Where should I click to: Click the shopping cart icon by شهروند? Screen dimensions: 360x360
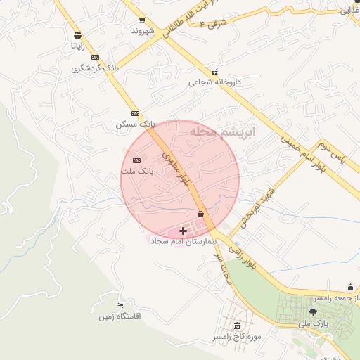pos(142,20)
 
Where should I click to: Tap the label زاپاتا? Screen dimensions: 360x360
pos(77,45)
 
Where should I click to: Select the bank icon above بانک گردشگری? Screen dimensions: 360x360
pos(96,57)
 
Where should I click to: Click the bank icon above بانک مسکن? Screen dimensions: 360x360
pos(135,112)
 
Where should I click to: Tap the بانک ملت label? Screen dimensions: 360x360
pos(136,171)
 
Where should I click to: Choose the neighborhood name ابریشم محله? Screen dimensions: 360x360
pos(229,132)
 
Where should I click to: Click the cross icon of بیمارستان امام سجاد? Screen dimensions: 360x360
pos(184,230)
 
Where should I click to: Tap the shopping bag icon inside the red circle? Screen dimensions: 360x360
pos(201,214)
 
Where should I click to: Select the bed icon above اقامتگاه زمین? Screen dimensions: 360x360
pos(120,306)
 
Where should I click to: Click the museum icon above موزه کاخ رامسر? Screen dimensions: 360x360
pos(238,326)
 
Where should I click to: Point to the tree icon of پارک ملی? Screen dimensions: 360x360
pos(314,311)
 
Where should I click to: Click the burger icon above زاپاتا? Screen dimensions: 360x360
pos(77,34)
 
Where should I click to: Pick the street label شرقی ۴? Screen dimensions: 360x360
pos(213,23)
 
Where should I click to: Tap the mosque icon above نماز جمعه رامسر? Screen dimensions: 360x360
pos(350,287)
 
